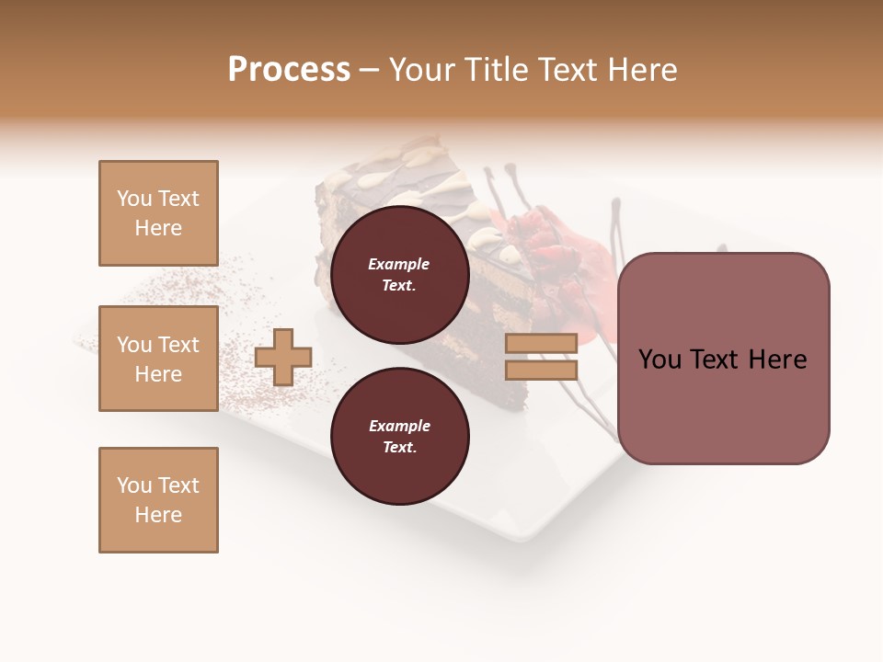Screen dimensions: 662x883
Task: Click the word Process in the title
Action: pos(289,70)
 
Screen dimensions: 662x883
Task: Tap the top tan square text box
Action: pos(158,213)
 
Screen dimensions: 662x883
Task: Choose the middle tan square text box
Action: pos(158,359)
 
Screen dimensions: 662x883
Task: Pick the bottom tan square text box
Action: pos(158,500)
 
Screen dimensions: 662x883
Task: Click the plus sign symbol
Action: pos(283,357)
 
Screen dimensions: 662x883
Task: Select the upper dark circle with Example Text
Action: pos(399,275)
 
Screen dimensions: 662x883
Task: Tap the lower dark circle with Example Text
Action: pos(399,437)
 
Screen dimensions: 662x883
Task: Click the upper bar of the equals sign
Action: pos(541,343)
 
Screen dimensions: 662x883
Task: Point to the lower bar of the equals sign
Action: pos(541,370)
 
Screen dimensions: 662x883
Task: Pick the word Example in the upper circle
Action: pos(399,264)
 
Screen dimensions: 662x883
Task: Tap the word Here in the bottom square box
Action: pos(158,515)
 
